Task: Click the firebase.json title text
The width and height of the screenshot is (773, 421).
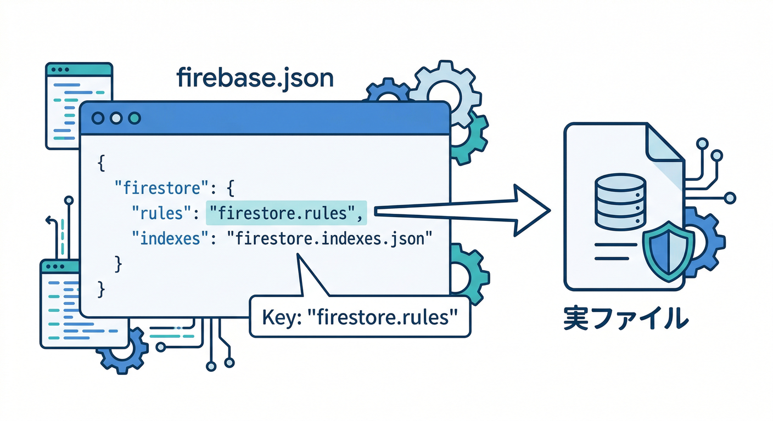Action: click(255, 78)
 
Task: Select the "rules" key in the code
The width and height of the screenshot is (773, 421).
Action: click(161, 213)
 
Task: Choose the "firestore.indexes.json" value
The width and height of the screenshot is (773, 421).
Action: click(330, 238)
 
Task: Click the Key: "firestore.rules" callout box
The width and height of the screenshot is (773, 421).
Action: click(360, 317)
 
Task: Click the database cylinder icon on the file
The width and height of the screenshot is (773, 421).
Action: click(619, 202)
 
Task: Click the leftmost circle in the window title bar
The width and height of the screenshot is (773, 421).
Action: click(99, 118)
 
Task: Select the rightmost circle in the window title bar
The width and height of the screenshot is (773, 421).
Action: click(134, 118)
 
